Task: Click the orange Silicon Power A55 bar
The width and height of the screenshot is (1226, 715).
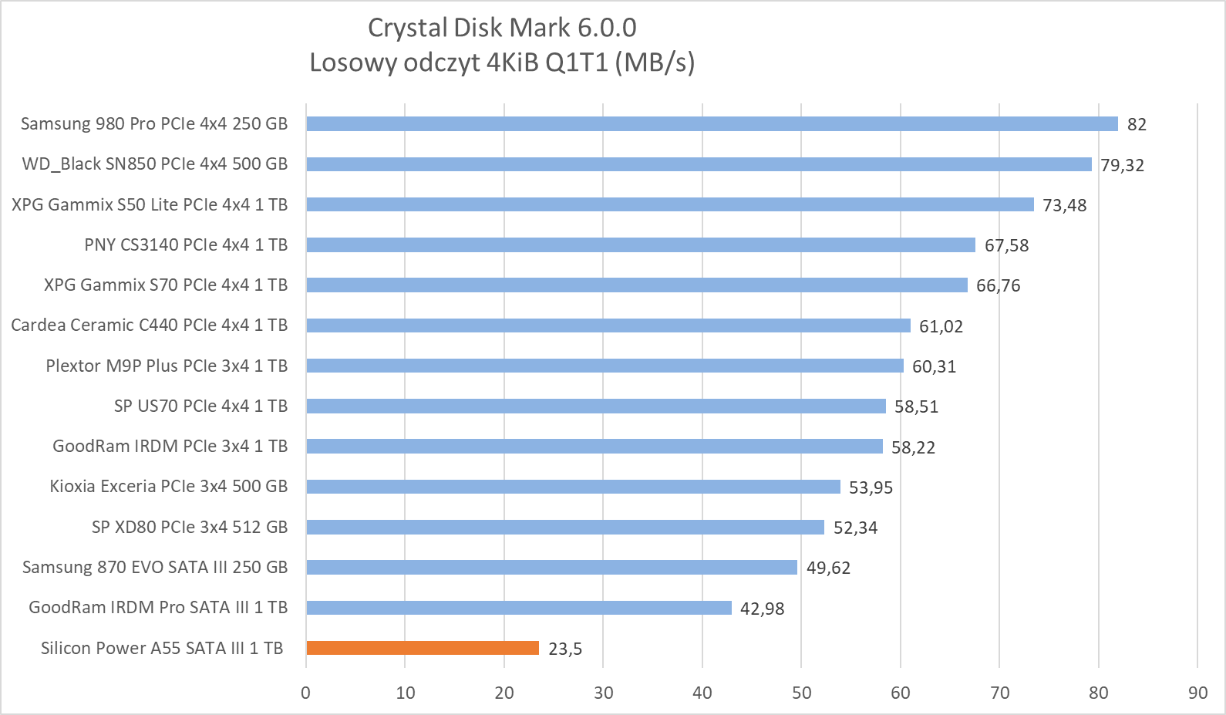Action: (x=423, y=648)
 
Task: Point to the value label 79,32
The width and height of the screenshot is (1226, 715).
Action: (x=1122, y=165)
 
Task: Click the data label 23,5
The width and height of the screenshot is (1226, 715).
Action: (x=565, y=649)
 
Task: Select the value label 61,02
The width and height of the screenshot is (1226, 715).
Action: (x=941, y=326)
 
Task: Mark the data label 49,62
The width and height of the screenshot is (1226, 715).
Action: (x=828, y=568)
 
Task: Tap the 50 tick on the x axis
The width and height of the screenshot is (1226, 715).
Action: (x=801, y=693)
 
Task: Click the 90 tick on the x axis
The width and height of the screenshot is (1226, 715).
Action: (x=1197, y=693)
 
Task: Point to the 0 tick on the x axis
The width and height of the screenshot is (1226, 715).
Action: (x=306, y=693)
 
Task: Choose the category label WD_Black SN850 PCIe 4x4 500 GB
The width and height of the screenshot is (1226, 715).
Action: (x=155, y=164)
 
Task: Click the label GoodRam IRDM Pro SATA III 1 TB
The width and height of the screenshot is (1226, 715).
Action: (x=158, y=607)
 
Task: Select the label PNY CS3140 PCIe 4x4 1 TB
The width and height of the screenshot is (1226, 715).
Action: (x=186, y=245)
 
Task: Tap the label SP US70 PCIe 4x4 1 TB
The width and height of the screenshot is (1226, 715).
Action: (x=200, y=406)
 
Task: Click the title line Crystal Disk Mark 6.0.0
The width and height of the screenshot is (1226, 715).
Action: (x=502, y=28)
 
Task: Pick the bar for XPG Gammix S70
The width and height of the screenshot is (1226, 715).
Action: (x=637, y=285)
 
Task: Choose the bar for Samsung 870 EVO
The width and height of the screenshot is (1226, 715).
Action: (x=551, y=567)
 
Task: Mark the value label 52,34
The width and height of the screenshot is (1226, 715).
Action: (x=855, y=528)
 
